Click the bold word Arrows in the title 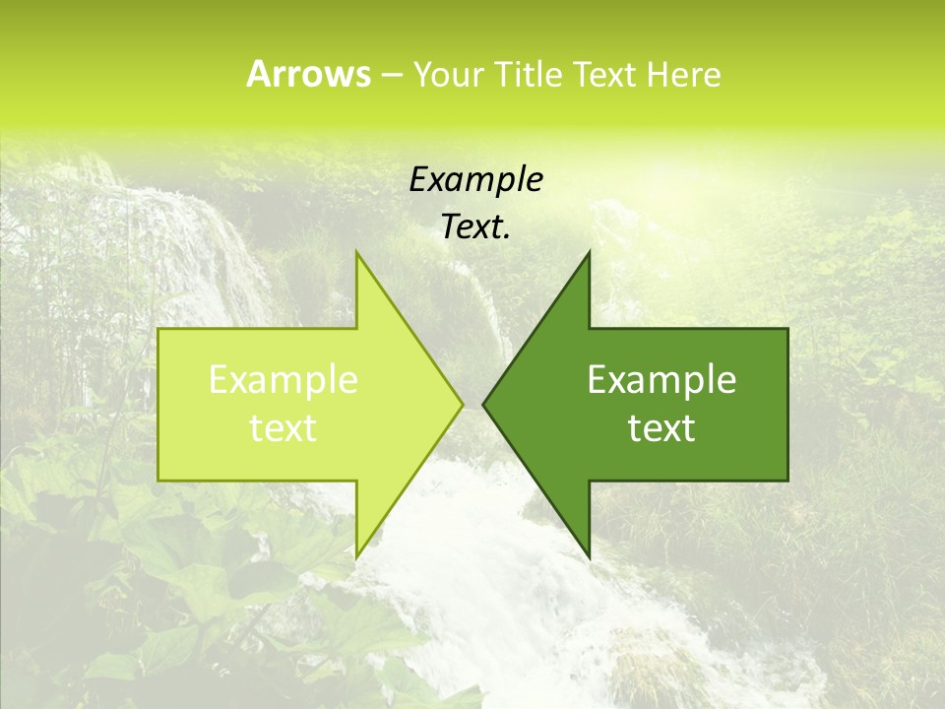point(308,74)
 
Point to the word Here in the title point(683,75)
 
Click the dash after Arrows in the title point(391,76)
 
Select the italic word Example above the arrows point(476,180)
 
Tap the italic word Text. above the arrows point(476,227)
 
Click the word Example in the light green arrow point(283,380)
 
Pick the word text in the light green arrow point(283,428)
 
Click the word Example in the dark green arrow point(661,380)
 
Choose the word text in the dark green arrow point(661,428)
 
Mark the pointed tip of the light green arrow point(463,404)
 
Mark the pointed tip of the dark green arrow point(483,404)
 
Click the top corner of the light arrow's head point(356,252)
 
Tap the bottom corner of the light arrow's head point(356,556)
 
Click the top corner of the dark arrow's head point(589,252)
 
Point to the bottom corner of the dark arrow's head point(589,556)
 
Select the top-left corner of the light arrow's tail point(158,329)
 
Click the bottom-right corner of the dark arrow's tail point(787,481)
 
